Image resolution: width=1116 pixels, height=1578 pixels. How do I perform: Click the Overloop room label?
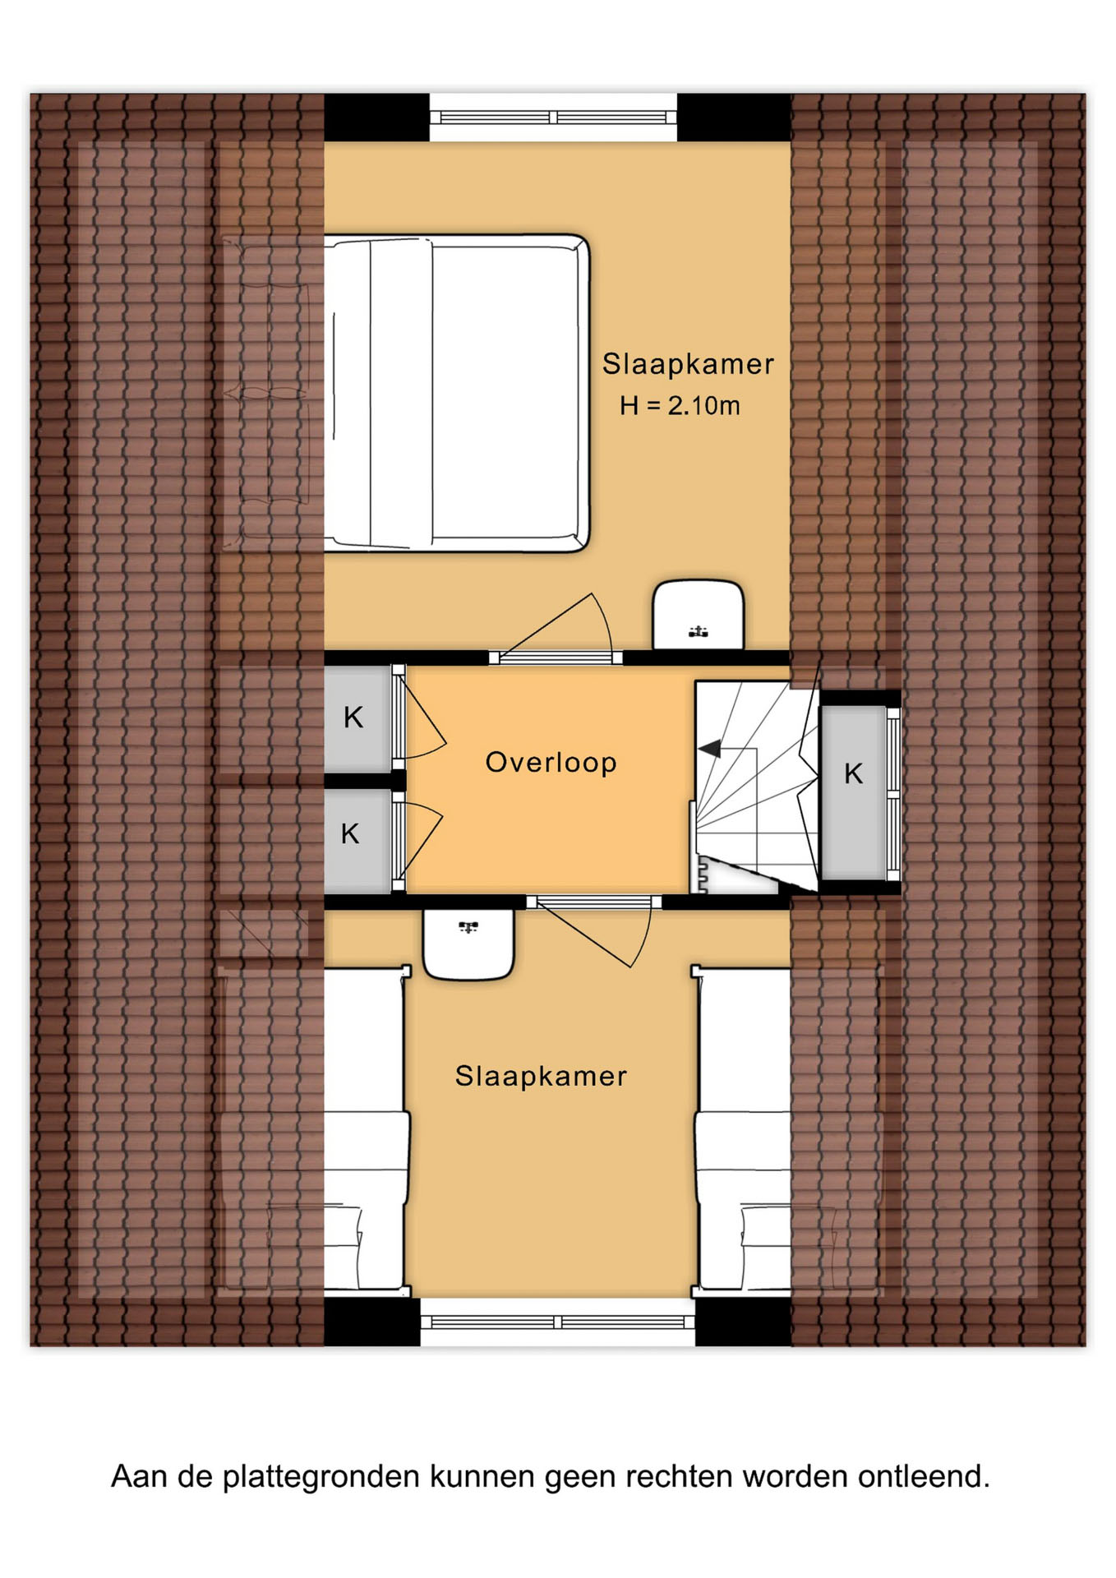[x=551, y=762]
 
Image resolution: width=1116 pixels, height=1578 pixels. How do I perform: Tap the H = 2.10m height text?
[x=680, y=405]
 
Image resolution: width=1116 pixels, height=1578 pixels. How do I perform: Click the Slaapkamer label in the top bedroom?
[x=688, y=364]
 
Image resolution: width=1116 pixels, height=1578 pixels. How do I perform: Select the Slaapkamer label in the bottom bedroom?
[x=541, y=1076]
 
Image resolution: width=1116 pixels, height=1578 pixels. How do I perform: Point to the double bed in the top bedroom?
[x=457, y=393]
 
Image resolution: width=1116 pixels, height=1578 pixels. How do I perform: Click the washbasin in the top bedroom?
[x=699, y=616]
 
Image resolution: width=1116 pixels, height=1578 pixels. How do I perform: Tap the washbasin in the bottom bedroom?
[x=468, y=944]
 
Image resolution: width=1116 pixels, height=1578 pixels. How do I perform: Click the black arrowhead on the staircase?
[x=710, y=749]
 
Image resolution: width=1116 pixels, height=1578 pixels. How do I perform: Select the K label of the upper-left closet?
[x=353, y=717]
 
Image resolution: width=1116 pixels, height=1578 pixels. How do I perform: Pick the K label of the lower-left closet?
[x=350, y=833]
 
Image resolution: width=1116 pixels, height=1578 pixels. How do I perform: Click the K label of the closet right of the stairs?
[x=854, y=773]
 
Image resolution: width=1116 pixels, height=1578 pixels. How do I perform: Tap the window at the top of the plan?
[x=553, y=118]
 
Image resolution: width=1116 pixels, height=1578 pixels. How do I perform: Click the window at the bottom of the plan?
[x=558, y=1322]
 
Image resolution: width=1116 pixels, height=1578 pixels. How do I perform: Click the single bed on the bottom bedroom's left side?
[x=367, y=1129]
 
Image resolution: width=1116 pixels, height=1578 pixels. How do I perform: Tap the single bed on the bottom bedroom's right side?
[x=743, y=1129]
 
